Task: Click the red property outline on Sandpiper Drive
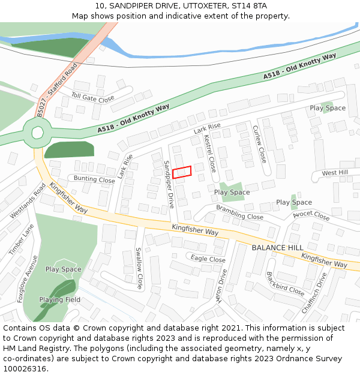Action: pos(182,172)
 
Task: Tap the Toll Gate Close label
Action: pos(92,97)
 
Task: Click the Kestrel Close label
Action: pos(210,154)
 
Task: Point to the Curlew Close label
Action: pos(259,144)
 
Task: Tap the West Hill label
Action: pos(335,173)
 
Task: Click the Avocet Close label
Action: pos(311,215)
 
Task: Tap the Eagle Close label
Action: pos(208,259)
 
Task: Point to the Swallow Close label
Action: pos(139,268)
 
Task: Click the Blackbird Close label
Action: pos(285,283)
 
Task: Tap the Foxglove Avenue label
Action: pos(28,278)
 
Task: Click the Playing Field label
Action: pos(60,299)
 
